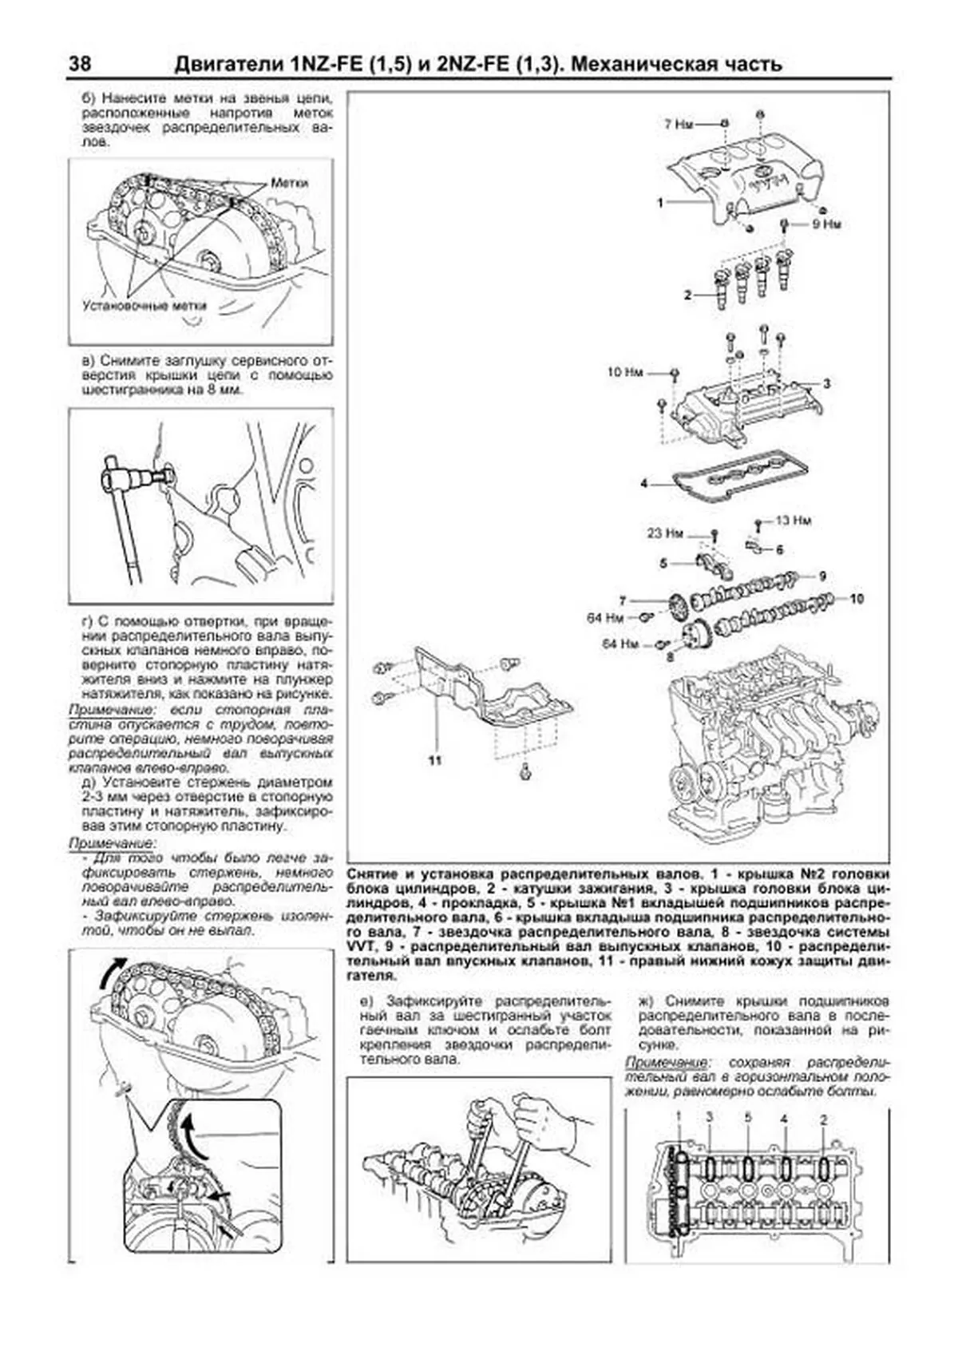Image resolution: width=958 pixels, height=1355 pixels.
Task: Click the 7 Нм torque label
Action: click(x=679, y=125)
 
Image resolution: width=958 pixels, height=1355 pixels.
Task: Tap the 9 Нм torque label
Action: click(x=826, y=225)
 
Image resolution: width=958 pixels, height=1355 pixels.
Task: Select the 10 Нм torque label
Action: click(x=624, y=372)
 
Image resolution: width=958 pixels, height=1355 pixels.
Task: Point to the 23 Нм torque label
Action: click(x=665, y=533)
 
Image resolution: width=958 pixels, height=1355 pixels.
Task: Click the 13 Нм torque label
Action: click(x=793, y=521)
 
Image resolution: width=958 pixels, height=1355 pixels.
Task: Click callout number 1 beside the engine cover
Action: click(x=660, y=203)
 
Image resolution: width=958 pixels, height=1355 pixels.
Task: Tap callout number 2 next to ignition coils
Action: click(x=687, y=295)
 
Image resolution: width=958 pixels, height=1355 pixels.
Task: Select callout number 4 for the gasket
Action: click(x=643, y=483)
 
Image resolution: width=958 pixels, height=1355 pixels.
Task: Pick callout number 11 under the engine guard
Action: click(x=434, y=760)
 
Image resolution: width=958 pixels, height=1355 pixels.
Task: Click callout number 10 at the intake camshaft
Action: click(x=857, y=598)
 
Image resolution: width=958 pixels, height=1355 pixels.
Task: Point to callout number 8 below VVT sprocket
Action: click(x=669, y=656)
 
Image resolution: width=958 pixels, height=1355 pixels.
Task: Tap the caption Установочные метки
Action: click(x=144, y=306)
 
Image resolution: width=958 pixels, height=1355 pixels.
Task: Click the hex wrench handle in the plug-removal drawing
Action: click(x=128, y=527)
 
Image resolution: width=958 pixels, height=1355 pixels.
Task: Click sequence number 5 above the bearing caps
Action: click(x=748, y=1118)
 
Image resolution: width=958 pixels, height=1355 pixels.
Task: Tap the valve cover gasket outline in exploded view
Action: click(x=738, y=477)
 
